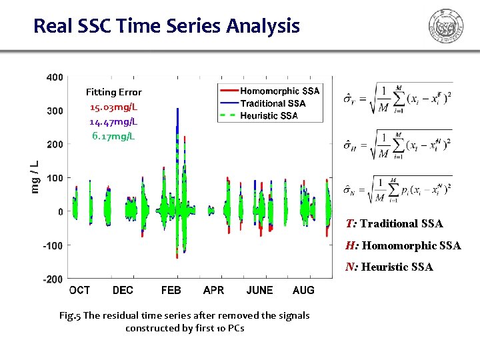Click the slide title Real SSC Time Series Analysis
[167, 26]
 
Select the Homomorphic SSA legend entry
[279, 91]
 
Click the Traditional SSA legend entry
[272, 103]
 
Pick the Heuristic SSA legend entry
[268, 115]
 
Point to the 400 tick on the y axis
[55, 77]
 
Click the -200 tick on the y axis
[53, 279]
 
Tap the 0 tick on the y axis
[60, 212]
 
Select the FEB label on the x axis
[171, 291]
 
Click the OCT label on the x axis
[79, 291]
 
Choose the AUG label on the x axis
[303, 291]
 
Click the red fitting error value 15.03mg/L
[113, 107]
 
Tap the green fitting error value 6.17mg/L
[113, 136]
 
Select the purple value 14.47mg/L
[113, 121]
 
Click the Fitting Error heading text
[113, 92]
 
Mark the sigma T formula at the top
[398, 99]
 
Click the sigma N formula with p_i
[398, 190]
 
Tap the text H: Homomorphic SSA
[403, 245]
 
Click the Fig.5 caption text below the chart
[184, 321]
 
